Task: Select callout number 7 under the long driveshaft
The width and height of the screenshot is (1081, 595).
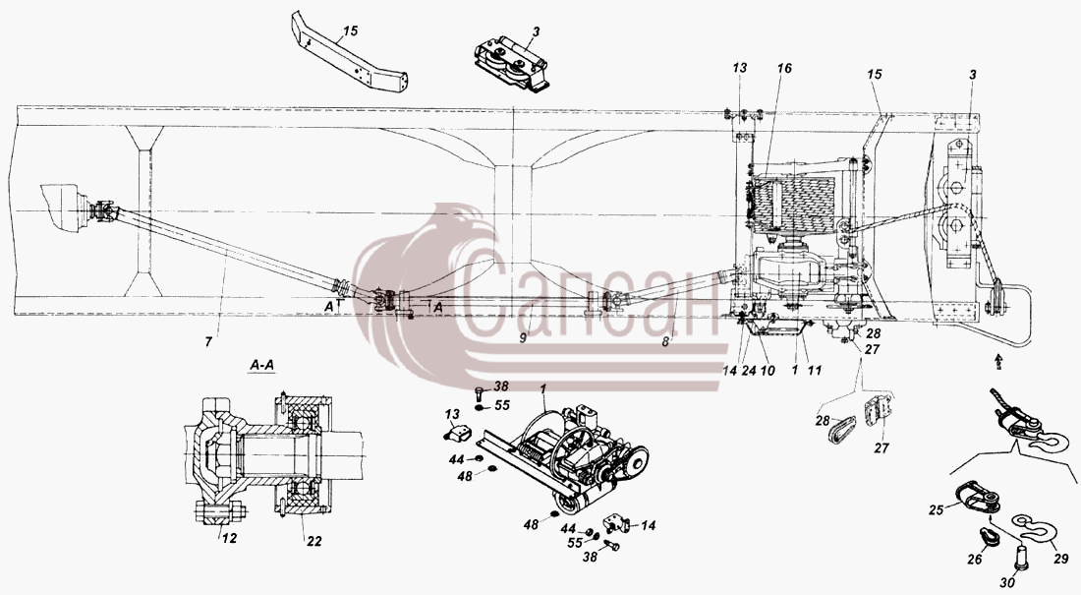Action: (209, 341)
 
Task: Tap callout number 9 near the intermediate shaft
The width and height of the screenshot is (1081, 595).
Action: (524, 338)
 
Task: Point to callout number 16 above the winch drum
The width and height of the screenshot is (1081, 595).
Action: (784, 68)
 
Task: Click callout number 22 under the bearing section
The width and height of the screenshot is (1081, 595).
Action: (314, 541)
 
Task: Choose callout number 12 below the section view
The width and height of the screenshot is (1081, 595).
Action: (230, 538)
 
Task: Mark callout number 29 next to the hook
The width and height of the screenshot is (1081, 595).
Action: (1060, 559)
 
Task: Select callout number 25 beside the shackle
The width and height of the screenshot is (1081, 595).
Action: (936, 510)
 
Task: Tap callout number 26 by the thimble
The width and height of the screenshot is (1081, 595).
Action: (975, 559)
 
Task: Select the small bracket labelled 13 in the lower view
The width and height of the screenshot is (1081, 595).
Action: (457, 435)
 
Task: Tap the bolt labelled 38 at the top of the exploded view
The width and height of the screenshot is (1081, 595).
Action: (479, 393)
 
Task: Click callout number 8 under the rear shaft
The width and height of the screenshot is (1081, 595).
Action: (666, 340)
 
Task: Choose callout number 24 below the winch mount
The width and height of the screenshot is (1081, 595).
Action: (750, 370)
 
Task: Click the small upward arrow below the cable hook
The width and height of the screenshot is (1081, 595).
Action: (997, 360)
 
